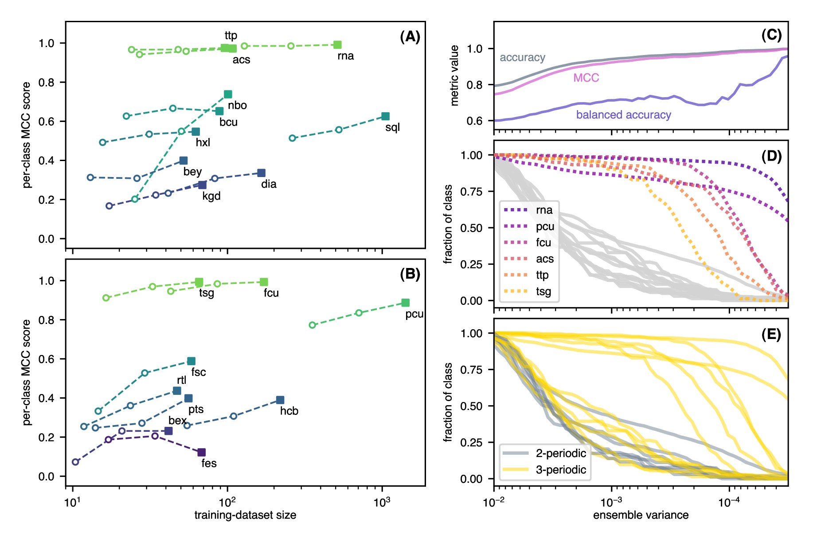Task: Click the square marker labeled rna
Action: [x=337, y=45]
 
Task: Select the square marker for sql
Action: [x=385, y=116]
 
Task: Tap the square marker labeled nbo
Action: [x=228, y=94]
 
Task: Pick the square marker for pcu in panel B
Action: [x=405, y=303]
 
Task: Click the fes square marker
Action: [x=201, y=452]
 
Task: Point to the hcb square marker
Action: [x=280, y=400]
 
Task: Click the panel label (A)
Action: [x=410, y=36]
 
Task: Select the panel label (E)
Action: [x=771, y=334]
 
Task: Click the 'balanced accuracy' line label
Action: [x=623, y=115]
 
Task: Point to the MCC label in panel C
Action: [x=586, y=78]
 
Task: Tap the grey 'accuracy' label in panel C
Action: [x=522, y=57]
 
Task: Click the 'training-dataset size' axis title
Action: [x=245, y=515]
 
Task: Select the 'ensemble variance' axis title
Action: [x=641, y=515]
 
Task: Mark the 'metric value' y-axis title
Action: [x=454, y=75]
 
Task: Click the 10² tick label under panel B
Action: [x=227, y=502]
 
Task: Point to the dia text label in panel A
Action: [x=269, y=184]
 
